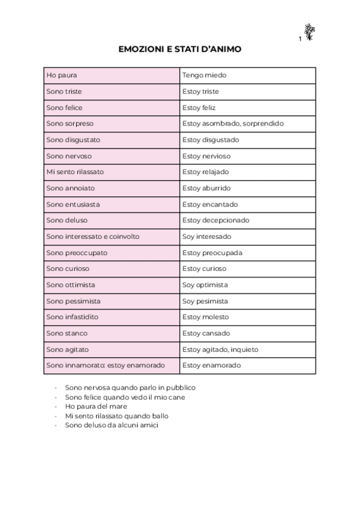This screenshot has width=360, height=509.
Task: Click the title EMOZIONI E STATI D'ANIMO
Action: [180, 49]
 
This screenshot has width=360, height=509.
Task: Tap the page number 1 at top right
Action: [299, 39]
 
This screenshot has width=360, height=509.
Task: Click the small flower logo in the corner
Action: [309, 32]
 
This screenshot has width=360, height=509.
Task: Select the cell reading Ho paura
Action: [112, 76]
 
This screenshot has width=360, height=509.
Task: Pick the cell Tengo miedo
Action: [248, 76]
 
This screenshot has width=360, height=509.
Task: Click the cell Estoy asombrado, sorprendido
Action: [248, 124]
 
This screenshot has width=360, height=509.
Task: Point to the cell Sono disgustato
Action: [112, 140]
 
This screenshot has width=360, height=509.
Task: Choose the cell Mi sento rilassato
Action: [112, 172]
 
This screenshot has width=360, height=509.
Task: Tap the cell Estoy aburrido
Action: [248, 188]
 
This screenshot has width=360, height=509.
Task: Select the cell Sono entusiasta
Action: [112, 204]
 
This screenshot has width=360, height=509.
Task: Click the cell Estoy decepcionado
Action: [248, 220]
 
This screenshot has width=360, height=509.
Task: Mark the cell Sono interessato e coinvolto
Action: [112, 236]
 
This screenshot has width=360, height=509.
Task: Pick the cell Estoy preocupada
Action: [248, 253]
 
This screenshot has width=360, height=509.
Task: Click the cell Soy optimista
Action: [248, 285]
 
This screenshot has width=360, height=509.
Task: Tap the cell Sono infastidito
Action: [112, 317]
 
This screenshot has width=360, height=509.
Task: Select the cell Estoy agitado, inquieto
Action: [248, 349]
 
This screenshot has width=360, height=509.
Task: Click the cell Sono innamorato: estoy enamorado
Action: [112, 365]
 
